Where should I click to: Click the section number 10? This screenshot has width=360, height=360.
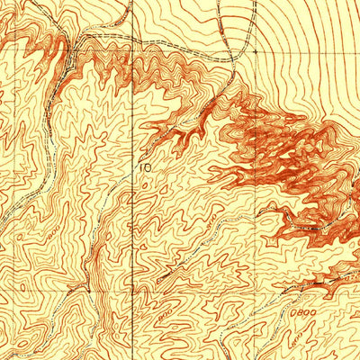[x=146, y=166]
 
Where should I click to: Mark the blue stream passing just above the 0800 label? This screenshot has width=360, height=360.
[x=297, y=297]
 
